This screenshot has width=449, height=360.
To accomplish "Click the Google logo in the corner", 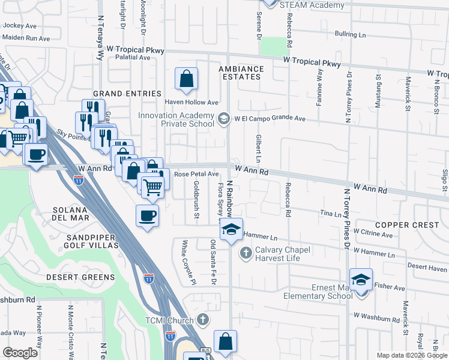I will pyautogui.click(x=20, y=353).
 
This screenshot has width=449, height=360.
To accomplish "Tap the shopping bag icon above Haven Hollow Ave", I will pyautogui.click(x=187, y=78).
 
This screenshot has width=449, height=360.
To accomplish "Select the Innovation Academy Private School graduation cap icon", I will pyautogui.click(x=224, y=118).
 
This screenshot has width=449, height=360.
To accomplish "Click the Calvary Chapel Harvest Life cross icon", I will pyautogui.click(x=245, y=253).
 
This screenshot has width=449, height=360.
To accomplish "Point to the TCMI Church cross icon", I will pyautogui.click(x=203, y=320).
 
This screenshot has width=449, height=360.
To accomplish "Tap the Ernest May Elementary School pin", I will pyautogui.click(x=361, y=280).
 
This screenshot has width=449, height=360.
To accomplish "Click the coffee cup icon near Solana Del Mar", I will pyautogui.click(x=147, y=215).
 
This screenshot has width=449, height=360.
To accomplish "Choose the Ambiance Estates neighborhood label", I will pyautogui.click(x=240, y=73).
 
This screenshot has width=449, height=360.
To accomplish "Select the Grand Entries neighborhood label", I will pyautogui.click(x=127, y=94).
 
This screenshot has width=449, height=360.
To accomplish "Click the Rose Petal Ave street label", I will pyautogui.click(x=196, y=174).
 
